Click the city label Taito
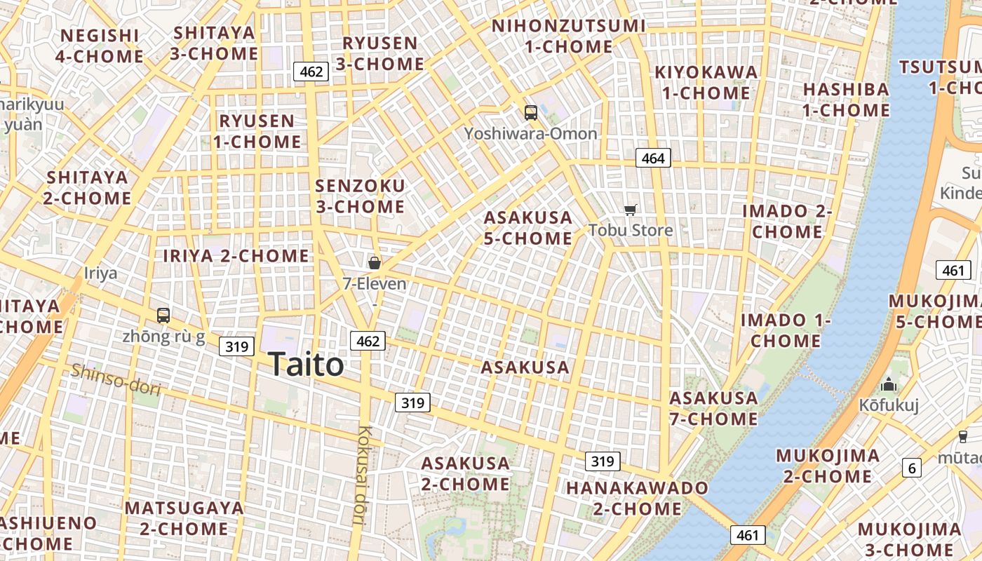[306, 365]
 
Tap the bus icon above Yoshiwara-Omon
[531, 112]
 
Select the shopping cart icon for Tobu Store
[631, 210]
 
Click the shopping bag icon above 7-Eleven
[375, 263]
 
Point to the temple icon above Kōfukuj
[889, 384]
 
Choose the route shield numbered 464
[653, 158]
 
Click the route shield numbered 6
[911, 468]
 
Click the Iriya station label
[100, 273]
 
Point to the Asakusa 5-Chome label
[528, 228]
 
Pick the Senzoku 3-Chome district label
[360, 196]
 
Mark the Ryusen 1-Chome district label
[257, 131]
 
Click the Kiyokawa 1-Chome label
[706, 82]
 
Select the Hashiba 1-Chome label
[847, 100]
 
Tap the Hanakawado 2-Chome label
[638, 498]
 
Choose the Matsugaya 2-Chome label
[184, 518]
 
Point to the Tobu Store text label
[631, 230]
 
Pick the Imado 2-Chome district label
[787, 221]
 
